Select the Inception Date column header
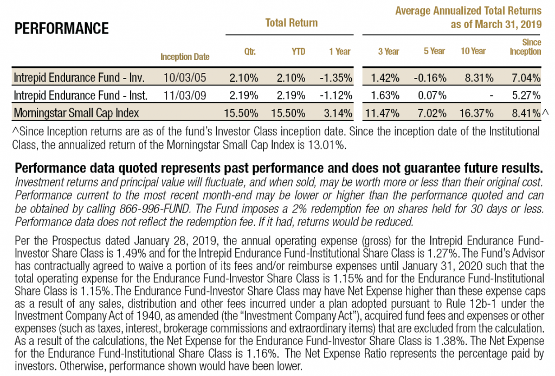coord(185,56)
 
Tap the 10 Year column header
coord(474,51)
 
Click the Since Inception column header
coord(525,47)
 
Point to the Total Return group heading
coord(291,23)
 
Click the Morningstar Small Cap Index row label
coord(77,113)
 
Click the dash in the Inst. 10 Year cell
coord(490,96)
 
